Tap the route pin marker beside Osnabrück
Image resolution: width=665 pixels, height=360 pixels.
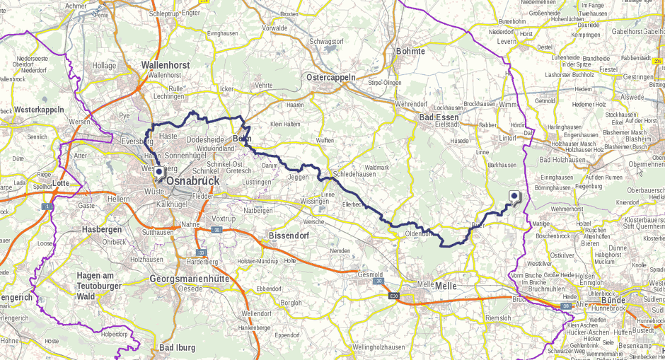[158, 173]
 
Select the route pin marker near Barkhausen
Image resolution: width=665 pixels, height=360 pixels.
[514, 198]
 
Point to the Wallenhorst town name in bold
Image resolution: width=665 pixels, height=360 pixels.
[166, 64]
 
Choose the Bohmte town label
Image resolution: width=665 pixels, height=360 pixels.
[410, 52]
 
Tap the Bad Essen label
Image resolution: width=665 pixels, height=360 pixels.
[439, 117]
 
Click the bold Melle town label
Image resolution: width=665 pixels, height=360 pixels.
[446, 286]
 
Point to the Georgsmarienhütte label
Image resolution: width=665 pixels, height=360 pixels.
[189, 279]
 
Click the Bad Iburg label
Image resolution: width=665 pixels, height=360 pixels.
[177, 347]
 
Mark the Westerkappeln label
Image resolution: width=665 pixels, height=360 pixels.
[39, 110]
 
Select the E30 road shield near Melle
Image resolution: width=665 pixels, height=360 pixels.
[394, 296]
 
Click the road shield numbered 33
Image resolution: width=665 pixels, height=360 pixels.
[202, 252]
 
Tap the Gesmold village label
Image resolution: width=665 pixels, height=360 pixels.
[370, 274]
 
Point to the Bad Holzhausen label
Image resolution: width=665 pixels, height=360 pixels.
[562, 160]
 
